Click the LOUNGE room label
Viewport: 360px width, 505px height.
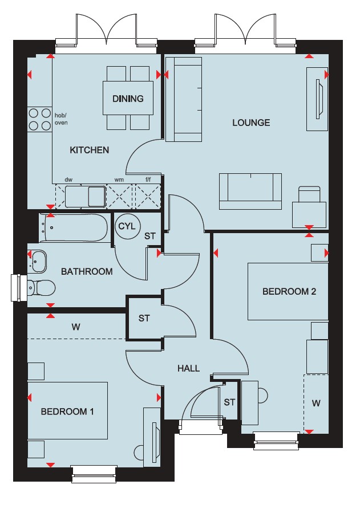(251, 123)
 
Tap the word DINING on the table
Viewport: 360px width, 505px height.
(128, 99)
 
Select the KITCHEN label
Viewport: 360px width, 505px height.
(89, 150)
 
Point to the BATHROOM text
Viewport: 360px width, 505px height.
(87, 271)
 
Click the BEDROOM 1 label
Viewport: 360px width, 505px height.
(67, 412)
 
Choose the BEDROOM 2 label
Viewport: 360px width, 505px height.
(289, 291)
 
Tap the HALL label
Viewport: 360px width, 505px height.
(188, 368)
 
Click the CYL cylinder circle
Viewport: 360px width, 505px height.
(127, 226)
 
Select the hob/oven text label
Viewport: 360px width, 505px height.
(61, 119)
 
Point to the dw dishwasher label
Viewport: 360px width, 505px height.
(68, 180)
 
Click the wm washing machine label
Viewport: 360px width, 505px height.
(119, 180)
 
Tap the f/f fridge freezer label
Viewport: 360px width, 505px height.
(148, 180)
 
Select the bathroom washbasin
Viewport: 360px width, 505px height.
(38, 261)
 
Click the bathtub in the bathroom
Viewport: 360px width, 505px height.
(73, 227)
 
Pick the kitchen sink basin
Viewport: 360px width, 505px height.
(96, 196)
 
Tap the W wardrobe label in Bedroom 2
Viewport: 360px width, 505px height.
(316, 403)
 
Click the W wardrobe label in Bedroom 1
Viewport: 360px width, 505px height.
(76, 327)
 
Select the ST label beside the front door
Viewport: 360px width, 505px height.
(229, 402)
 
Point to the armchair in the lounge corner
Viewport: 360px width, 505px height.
(309, 207)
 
